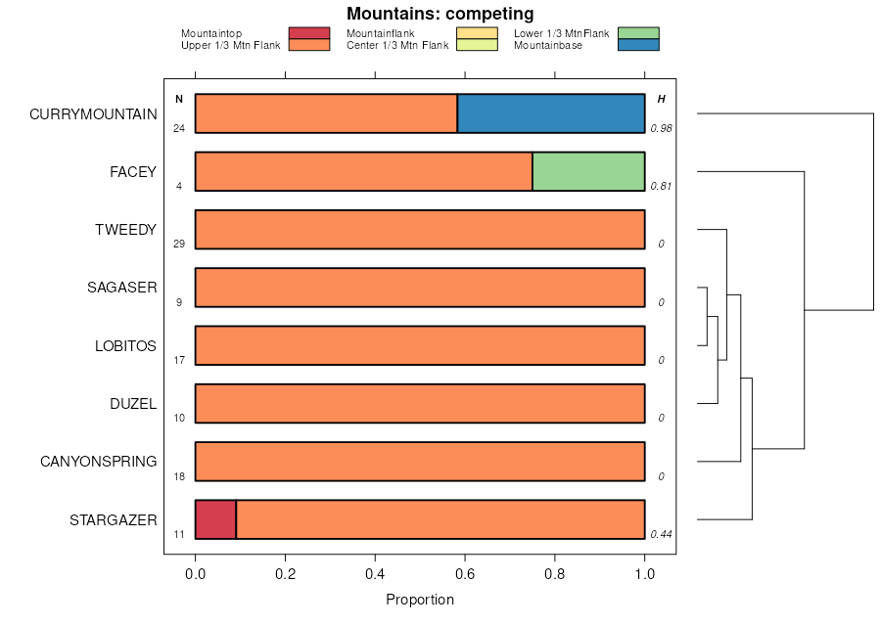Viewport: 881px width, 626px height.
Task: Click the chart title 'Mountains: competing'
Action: (440, 14)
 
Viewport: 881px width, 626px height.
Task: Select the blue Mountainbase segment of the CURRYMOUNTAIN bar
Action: (551, 113)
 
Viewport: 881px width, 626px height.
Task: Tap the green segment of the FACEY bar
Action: (588, 171)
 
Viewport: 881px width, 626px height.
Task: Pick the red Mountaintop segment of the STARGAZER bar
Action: (215, 519)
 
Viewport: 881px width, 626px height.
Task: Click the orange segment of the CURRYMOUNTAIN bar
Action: (326, 113)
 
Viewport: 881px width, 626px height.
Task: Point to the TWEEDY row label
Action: (125, 230)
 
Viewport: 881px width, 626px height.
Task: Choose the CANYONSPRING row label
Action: (98, 461)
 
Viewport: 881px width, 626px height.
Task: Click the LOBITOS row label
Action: (125, 345)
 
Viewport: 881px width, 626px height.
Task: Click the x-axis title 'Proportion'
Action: (420, 600)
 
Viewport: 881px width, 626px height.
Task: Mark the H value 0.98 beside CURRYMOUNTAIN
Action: (661, 128)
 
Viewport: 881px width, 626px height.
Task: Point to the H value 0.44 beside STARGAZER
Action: (661, 534)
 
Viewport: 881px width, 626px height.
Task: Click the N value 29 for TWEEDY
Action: (179, 244)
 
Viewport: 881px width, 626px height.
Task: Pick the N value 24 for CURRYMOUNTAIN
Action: (179, 128)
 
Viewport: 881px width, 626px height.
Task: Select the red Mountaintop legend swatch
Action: (308, 33)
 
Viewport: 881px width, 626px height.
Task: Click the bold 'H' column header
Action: (661, 99)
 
